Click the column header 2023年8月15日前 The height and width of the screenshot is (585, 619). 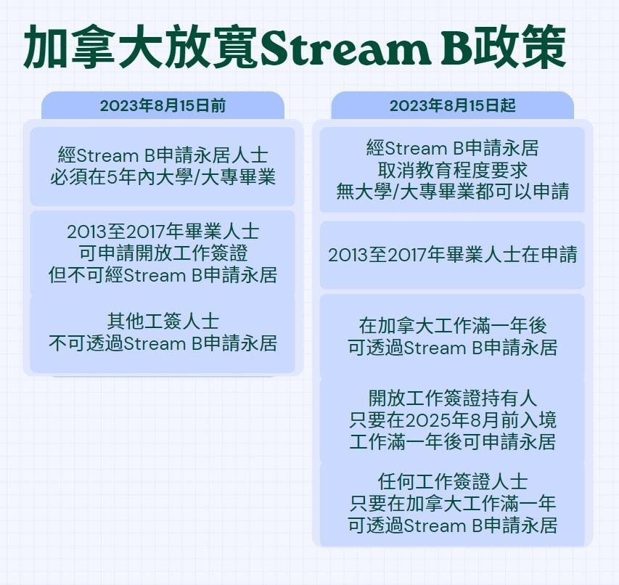point(163,106)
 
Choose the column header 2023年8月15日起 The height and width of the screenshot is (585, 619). point(452,106)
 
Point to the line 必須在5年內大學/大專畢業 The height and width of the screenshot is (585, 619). point(163,177)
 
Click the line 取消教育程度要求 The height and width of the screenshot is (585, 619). point(452,170)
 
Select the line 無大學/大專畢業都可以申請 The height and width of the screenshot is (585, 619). point(452,192)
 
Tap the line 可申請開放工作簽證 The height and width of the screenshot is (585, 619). point(163,253)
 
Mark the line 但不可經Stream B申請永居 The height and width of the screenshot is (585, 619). point(163,275)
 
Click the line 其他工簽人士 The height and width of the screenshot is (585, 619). point(163,322)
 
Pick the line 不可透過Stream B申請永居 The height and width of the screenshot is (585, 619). point(163,343)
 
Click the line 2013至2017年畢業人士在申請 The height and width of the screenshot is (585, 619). point(452,255)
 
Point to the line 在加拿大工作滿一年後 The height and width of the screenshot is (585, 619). point(452,326)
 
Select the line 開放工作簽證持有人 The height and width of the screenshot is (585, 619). point(452,398)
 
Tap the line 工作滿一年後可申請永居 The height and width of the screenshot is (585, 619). point(452,442)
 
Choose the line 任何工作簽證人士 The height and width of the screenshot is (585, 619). point(452,482)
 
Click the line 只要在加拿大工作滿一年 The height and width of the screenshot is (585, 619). point(452,504)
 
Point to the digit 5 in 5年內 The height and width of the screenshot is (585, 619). point(112,178)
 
